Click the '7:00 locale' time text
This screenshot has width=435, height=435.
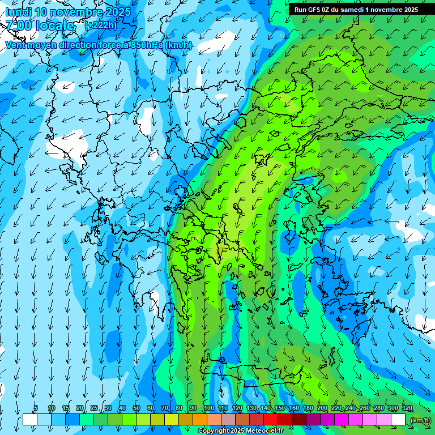(x=40, y=25)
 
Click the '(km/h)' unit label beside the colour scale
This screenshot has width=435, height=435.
(x=420, y=420)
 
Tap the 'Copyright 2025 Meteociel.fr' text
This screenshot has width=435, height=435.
(x=240, y=431)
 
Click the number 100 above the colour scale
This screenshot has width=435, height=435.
(x=208, y=408)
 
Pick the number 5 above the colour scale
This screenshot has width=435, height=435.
(x=36, y=408)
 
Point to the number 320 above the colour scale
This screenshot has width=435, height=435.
(x=407, y=408)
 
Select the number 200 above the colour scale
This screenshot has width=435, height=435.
(x=322, y=408)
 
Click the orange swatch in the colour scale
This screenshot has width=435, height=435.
(x=200, y=420)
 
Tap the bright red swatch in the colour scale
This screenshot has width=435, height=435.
(x=271, y=420)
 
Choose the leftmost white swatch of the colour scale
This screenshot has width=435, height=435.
(x=30, y=420)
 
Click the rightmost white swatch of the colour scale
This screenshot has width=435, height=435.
(x=398, y=420)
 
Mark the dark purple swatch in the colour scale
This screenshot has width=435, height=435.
(x=313, y=420)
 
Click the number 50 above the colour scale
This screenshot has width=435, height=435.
(x=137, y=408)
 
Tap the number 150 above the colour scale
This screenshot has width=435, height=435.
(x=279, y=408)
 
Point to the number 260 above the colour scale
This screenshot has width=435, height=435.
(x=364, y=408)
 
